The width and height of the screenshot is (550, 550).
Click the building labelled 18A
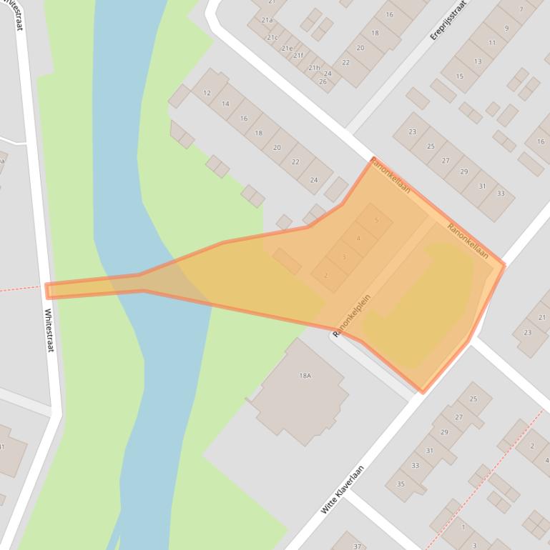coord(305,376)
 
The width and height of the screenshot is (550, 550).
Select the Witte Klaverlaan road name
coord(343,490)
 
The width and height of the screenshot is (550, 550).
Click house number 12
coord(207,93)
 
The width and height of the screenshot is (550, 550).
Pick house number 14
coord(225,104)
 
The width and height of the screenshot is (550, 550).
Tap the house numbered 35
coord(401,484)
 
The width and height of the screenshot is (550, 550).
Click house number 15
coord(459,76)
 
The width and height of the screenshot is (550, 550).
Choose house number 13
coord(477,61)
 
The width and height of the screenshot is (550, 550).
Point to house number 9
coord(507,29)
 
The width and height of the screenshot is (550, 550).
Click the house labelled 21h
coord(313,68)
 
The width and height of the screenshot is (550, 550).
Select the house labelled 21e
coord(287,48)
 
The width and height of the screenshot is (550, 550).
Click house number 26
coord(323,81)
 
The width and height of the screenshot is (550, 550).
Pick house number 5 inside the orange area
coord(376,221)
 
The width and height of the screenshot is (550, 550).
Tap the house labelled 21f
coord(298,56)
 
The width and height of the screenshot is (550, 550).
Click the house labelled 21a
coord(267,21)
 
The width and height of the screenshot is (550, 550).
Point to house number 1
coord(463,527)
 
